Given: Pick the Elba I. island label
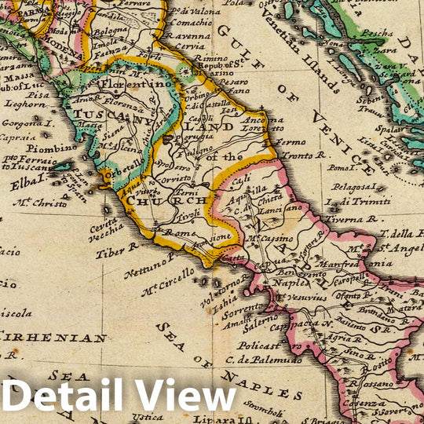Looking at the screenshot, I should tap(29, 184).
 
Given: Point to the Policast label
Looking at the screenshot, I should tap(260, 345).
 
